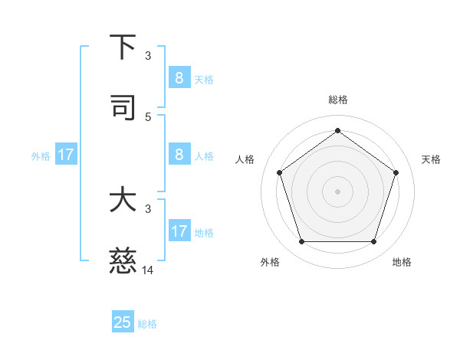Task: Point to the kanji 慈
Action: coord(123,262)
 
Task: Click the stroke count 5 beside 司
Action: coord(148,116)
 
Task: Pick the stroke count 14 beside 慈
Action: coord(148,270)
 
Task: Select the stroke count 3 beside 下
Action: coord(148,55)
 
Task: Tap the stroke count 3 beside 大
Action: coord(148,208)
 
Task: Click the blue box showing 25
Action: coord(123,322)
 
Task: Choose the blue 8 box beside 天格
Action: coord(179,77)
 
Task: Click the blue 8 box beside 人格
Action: coord(179,154)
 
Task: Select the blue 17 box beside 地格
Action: coord(179,231)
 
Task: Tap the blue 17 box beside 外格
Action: coord(66,154)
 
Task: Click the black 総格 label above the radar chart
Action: coord(337,100)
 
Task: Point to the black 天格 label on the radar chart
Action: coord(431,159)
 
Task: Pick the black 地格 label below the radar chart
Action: coord(402,262)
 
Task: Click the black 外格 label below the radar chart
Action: coord(270,262)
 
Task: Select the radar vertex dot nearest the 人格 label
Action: coord(279,172)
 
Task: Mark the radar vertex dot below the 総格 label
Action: coord(337,130)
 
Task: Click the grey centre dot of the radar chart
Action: coord(337,191)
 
